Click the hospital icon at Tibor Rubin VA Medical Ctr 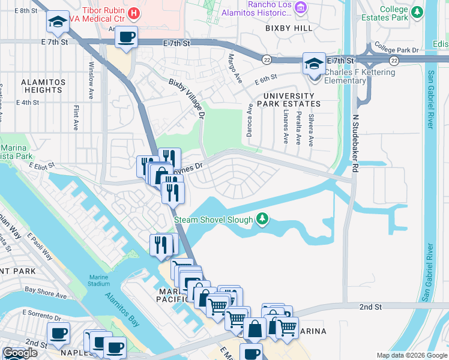[x=134, y=12]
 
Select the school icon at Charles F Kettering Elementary [x=313, y=63]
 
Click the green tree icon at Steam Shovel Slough [x=262, y=220]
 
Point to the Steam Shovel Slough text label [x=213, y=220]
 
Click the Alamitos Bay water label [x=123, y=307]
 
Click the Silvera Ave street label [x=311, y=130]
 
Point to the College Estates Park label [x=402, y=13]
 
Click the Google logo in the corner [x=19, y=353]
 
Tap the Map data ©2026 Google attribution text [x=411, y=355]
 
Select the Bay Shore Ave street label [x=45, y=295]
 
